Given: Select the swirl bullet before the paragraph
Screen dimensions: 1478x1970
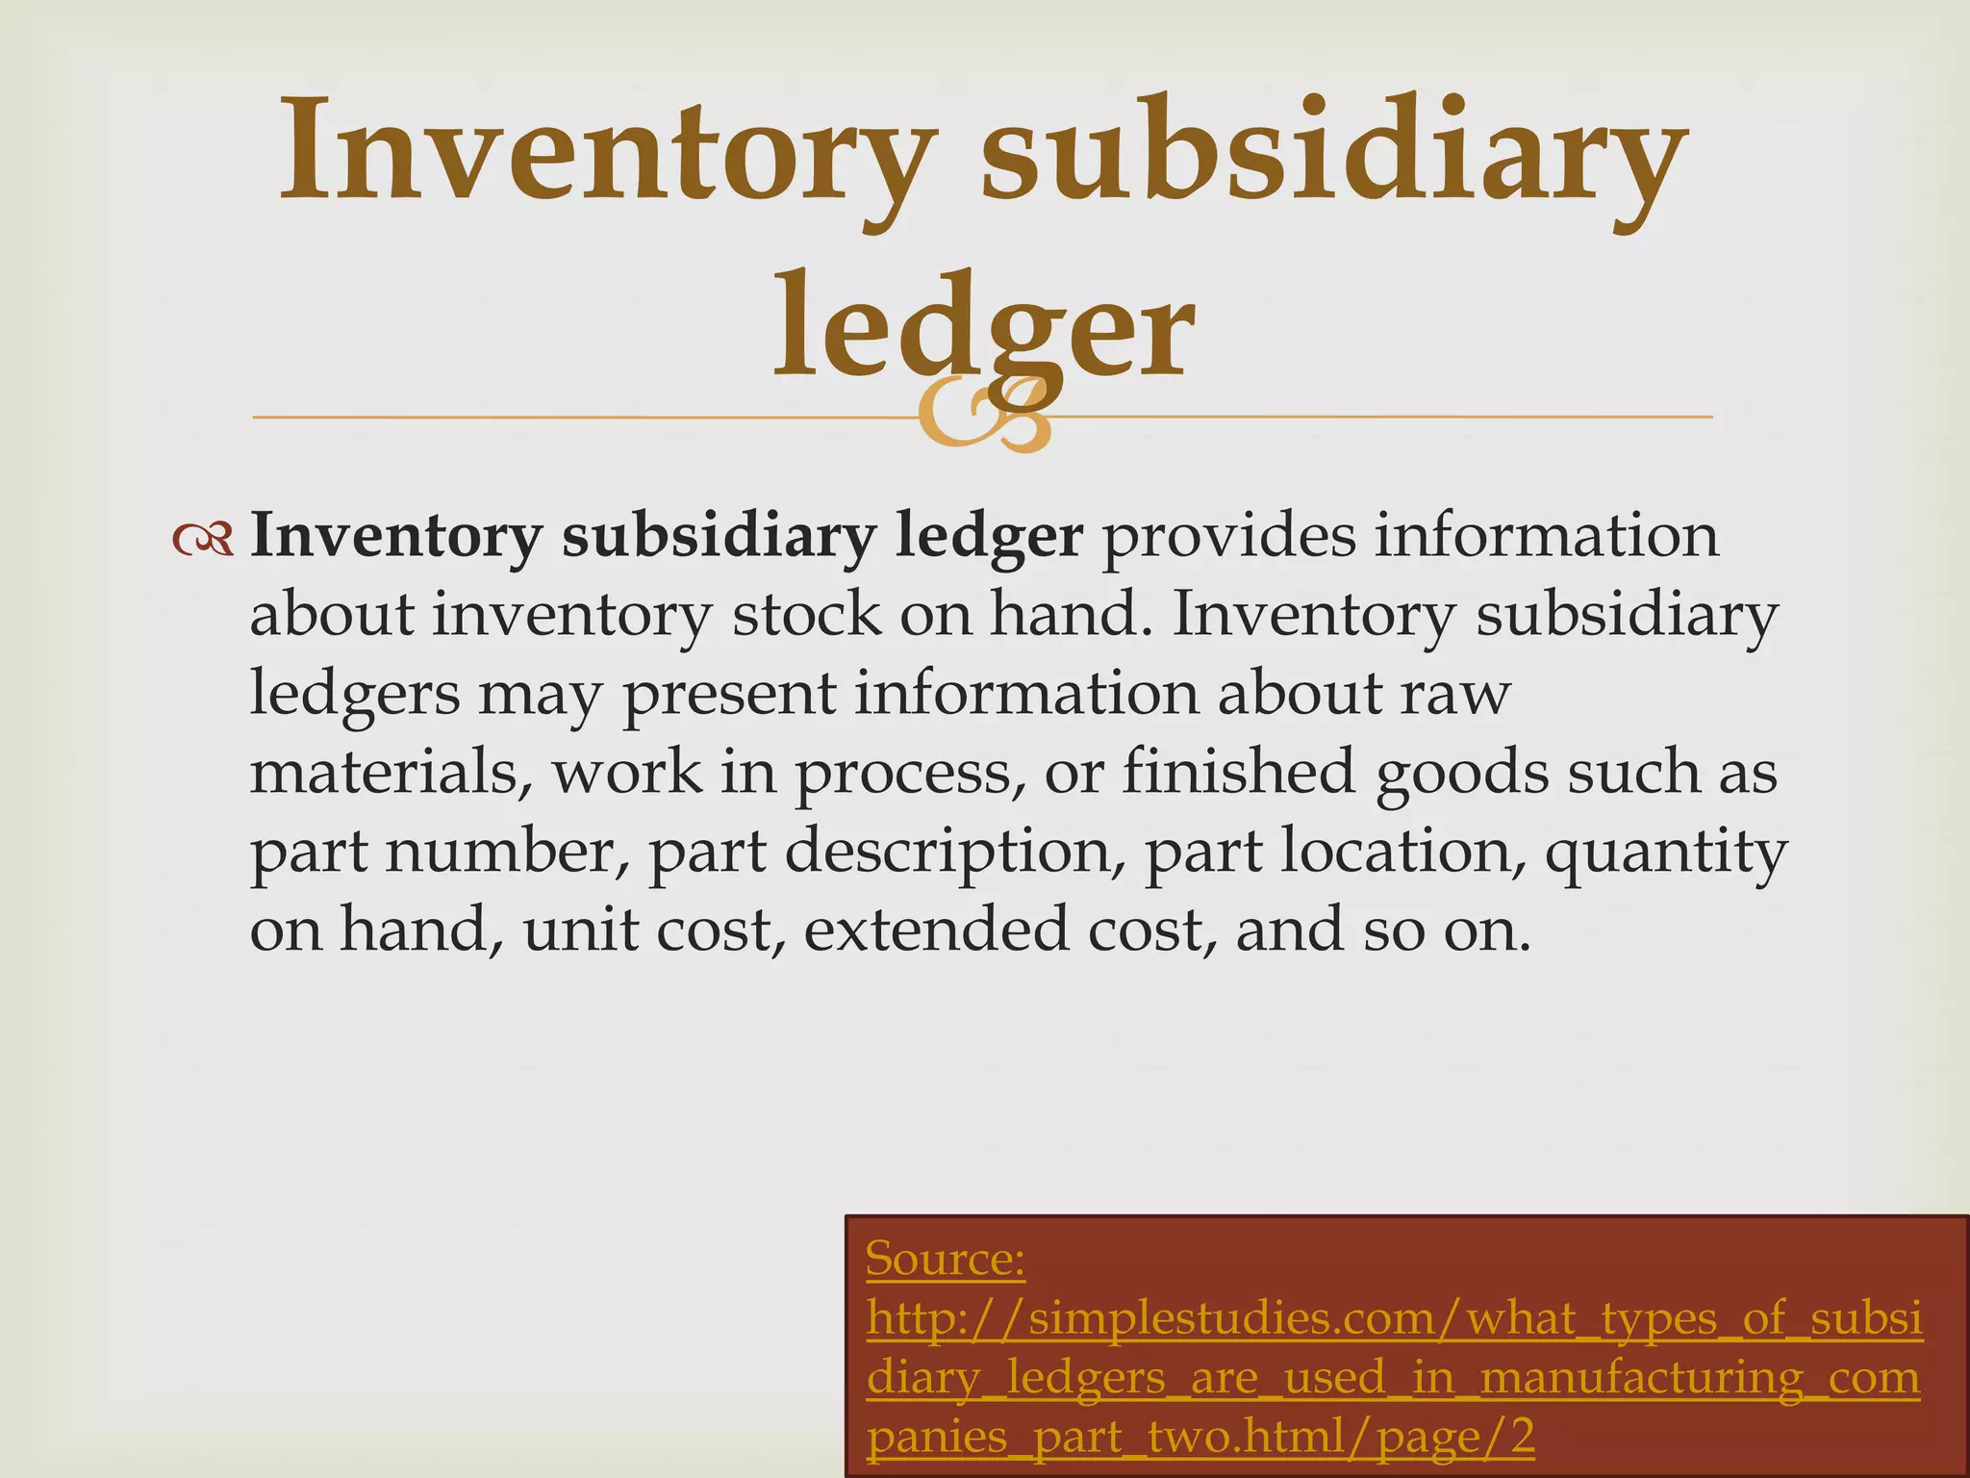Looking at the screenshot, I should pyautogui.click(x=203, y=540).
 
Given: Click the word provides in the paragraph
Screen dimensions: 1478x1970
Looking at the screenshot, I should pyautogui.click(x=1227, y=536).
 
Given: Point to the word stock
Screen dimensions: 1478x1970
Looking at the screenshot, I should pyautogui.click(x=806, y=615).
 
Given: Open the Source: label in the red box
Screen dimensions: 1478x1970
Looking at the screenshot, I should pyautogui.click(x=945, y=1259).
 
